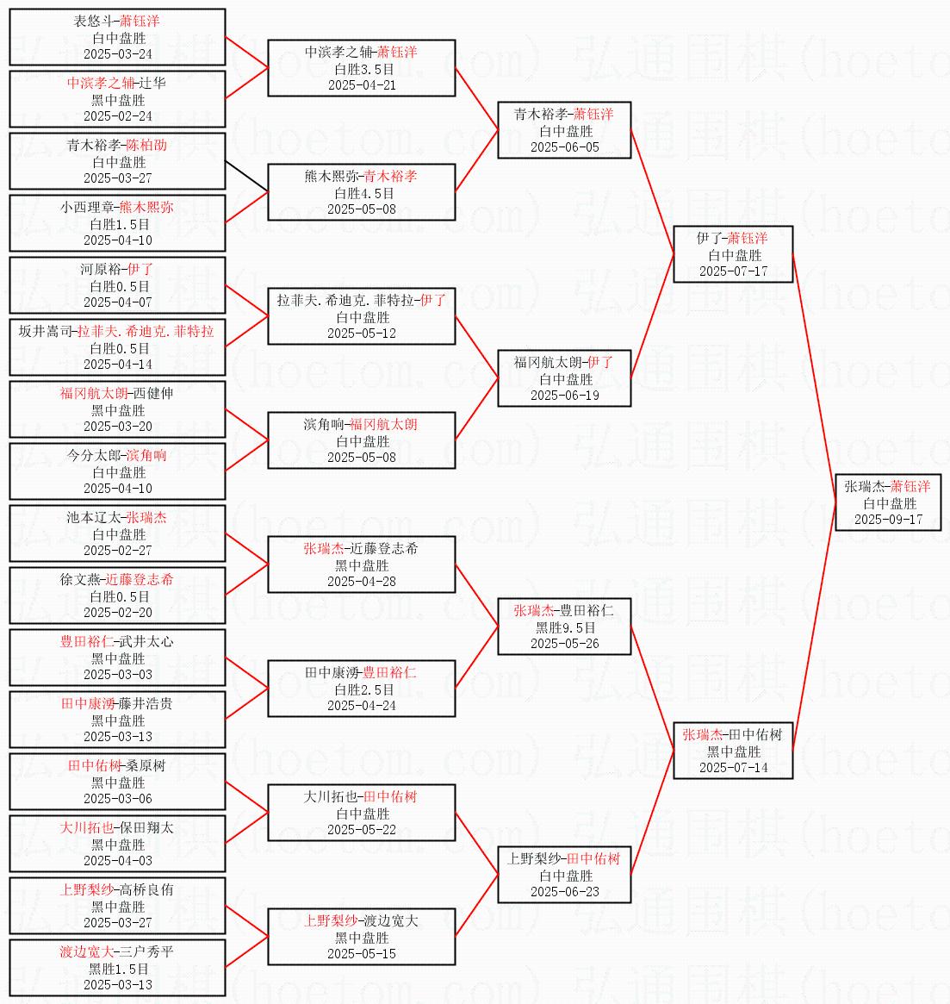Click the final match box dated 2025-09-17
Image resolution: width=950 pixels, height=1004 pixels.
point(887,502)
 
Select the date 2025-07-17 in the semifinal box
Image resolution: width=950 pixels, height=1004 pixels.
point(733,271)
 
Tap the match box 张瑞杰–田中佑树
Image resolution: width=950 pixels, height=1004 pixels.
point(732,751)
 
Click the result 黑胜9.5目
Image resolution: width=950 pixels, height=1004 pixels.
point(565,627)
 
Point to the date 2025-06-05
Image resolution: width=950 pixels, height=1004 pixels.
point(565,147)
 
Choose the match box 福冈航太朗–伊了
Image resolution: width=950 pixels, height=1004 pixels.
point(565,378)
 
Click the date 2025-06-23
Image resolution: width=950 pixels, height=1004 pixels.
point(565,892)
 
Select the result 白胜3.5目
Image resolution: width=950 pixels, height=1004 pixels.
point(362,69)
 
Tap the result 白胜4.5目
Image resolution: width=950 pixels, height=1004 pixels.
point(362,193)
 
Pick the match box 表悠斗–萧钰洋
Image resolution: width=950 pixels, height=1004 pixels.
point(117,37)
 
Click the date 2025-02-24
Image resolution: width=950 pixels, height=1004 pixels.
point(117,116)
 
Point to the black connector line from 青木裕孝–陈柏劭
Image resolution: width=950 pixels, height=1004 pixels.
point(246,176)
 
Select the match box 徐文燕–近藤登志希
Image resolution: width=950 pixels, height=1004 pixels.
point(117,596)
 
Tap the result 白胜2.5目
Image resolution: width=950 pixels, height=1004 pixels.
point(362,689)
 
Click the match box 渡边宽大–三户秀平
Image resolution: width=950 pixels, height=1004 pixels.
point(117,968)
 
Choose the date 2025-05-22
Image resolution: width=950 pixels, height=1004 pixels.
point(362,830)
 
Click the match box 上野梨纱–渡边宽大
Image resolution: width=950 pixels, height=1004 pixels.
point(362,937)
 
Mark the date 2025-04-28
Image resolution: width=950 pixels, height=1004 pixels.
point(362,582)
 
